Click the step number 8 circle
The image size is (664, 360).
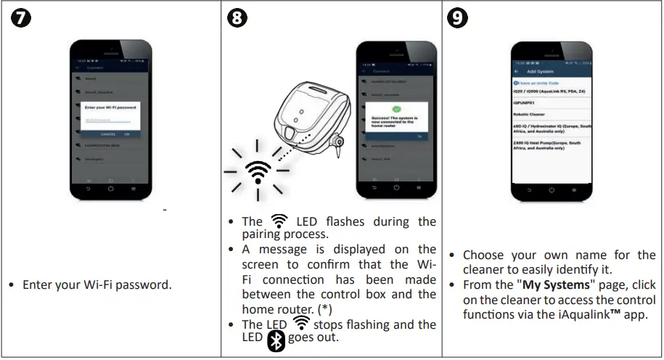pos(237,19)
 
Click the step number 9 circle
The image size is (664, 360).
pos(458,19)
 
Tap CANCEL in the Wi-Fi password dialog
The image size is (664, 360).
pos(107,134)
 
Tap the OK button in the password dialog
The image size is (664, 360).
pos(127,134)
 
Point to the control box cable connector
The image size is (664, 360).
pos(337,142)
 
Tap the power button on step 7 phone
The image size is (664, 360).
pos(110,188)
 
